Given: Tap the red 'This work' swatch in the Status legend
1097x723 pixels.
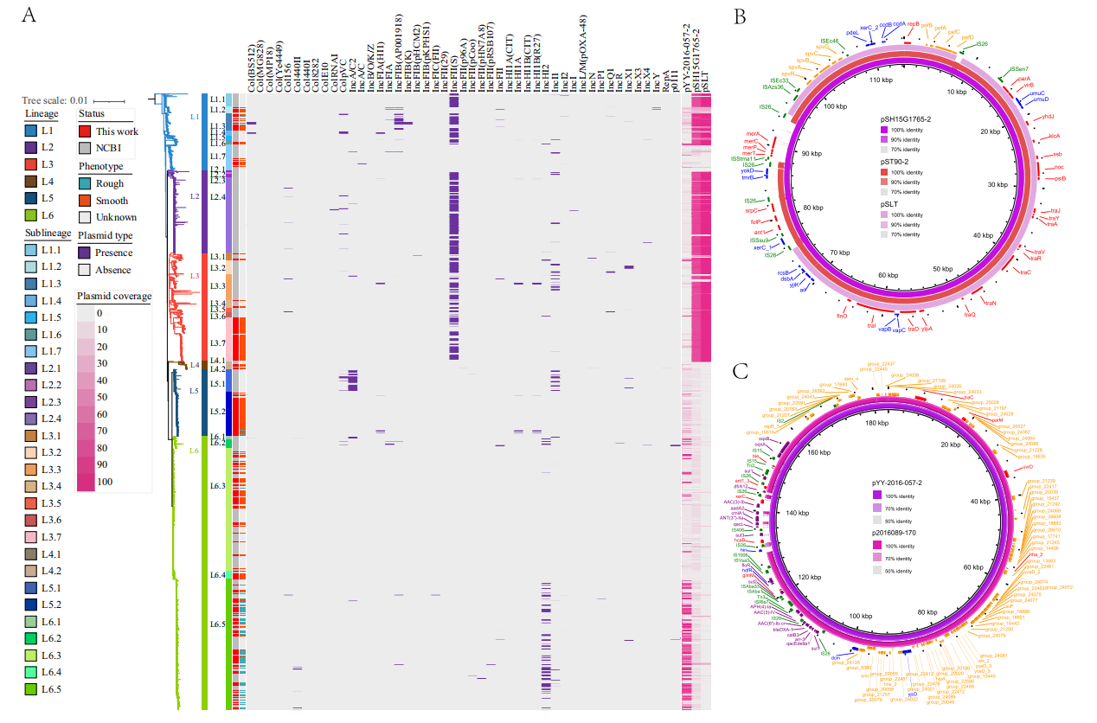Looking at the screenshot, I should pyautogui.click(x=85, y=131).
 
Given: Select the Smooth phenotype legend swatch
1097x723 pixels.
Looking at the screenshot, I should pyautogui.click(x=85, y=201).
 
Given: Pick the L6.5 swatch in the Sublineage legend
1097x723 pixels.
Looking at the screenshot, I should pyautogui.click(x=31, y=689).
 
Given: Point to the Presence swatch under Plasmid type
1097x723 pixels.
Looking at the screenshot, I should pyautogui.click(x=85, y=253).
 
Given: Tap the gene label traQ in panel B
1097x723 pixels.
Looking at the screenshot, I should pyautogui.click(x=970, y=314).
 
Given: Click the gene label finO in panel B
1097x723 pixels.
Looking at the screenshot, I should pyautogui.click(x=840, y=317).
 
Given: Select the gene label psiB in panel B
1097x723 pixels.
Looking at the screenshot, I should pyautogui.click(x=1060, y=178).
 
